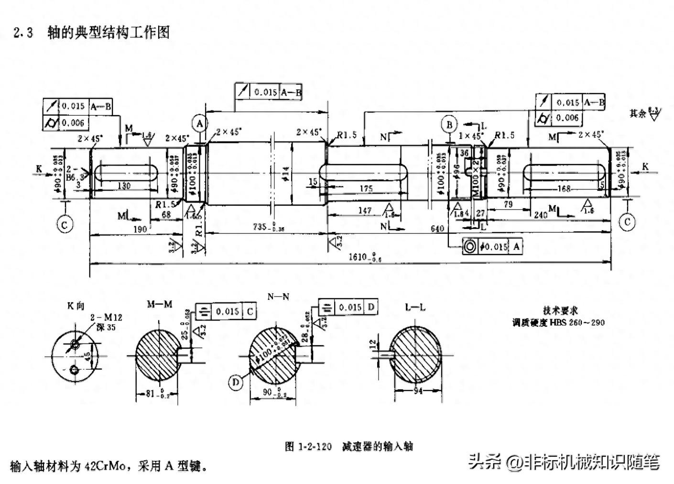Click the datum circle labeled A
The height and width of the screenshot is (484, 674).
[200, 123]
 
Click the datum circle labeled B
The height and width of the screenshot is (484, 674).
[449, 125]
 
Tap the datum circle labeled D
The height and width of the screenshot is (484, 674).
[236, 382]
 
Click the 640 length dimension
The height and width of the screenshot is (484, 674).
[437, 228]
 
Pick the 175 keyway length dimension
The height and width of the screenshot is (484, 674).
[366, 188]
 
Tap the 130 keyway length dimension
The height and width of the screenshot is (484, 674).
[124, 185]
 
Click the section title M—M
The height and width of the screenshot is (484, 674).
[159, 305]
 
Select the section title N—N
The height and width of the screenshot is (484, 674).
[278, 297]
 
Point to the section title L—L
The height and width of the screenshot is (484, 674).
[415, 308]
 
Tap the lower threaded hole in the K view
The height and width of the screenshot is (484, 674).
[74, 369]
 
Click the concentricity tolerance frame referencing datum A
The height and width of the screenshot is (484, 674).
[492, 246]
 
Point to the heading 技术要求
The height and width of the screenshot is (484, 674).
[560, 310]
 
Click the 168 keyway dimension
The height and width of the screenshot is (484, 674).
[564, 189]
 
